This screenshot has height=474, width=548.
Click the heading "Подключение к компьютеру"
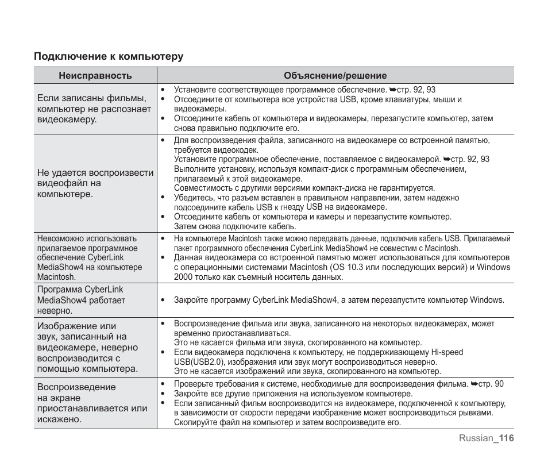click(108, 56)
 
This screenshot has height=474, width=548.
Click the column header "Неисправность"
click(95, 75)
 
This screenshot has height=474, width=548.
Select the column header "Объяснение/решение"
click(335, 75)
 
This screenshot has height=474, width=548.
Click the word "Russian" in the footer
click(476, 438)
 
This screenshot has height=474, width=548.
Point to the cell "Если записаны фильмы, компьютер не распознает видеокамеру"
click(94, 109)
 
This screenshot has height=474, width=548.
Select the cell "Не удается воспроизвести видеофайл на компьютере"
click(95, 183)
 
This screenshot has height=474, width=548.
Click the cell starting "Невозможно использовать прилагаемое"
click(90, 257)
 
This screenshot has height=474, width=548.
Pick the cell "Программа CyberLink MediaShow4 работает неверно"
click(80, 300)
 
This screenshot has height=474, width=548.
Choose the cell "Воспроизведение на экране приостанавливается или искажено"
click(92, 403)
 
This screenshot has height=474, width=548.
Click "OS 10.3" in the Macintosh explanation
click(348, 267)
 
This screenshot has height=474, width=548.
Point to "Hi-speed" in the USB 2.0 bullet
click(447, 352)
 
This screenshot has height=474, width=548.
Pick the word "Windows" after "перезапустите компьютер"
click(487, 300)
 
